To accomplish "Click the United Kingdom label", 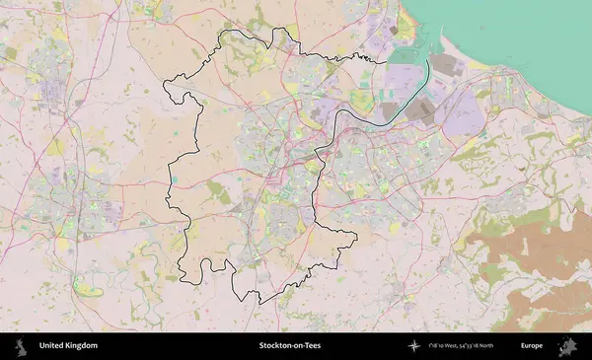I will point(68,346).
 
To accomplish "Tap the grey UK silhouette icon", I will point(19,346).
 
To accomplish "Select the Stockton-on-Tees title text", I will point(290,346).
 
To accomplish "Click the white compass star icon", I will point(414,346).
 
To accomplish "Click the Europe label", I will point(532,346).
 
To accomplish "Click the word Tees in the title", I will point(312,346).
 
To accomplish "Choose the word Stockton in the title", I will point(276,346).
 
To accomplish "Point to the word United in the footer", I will point(51,346).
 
